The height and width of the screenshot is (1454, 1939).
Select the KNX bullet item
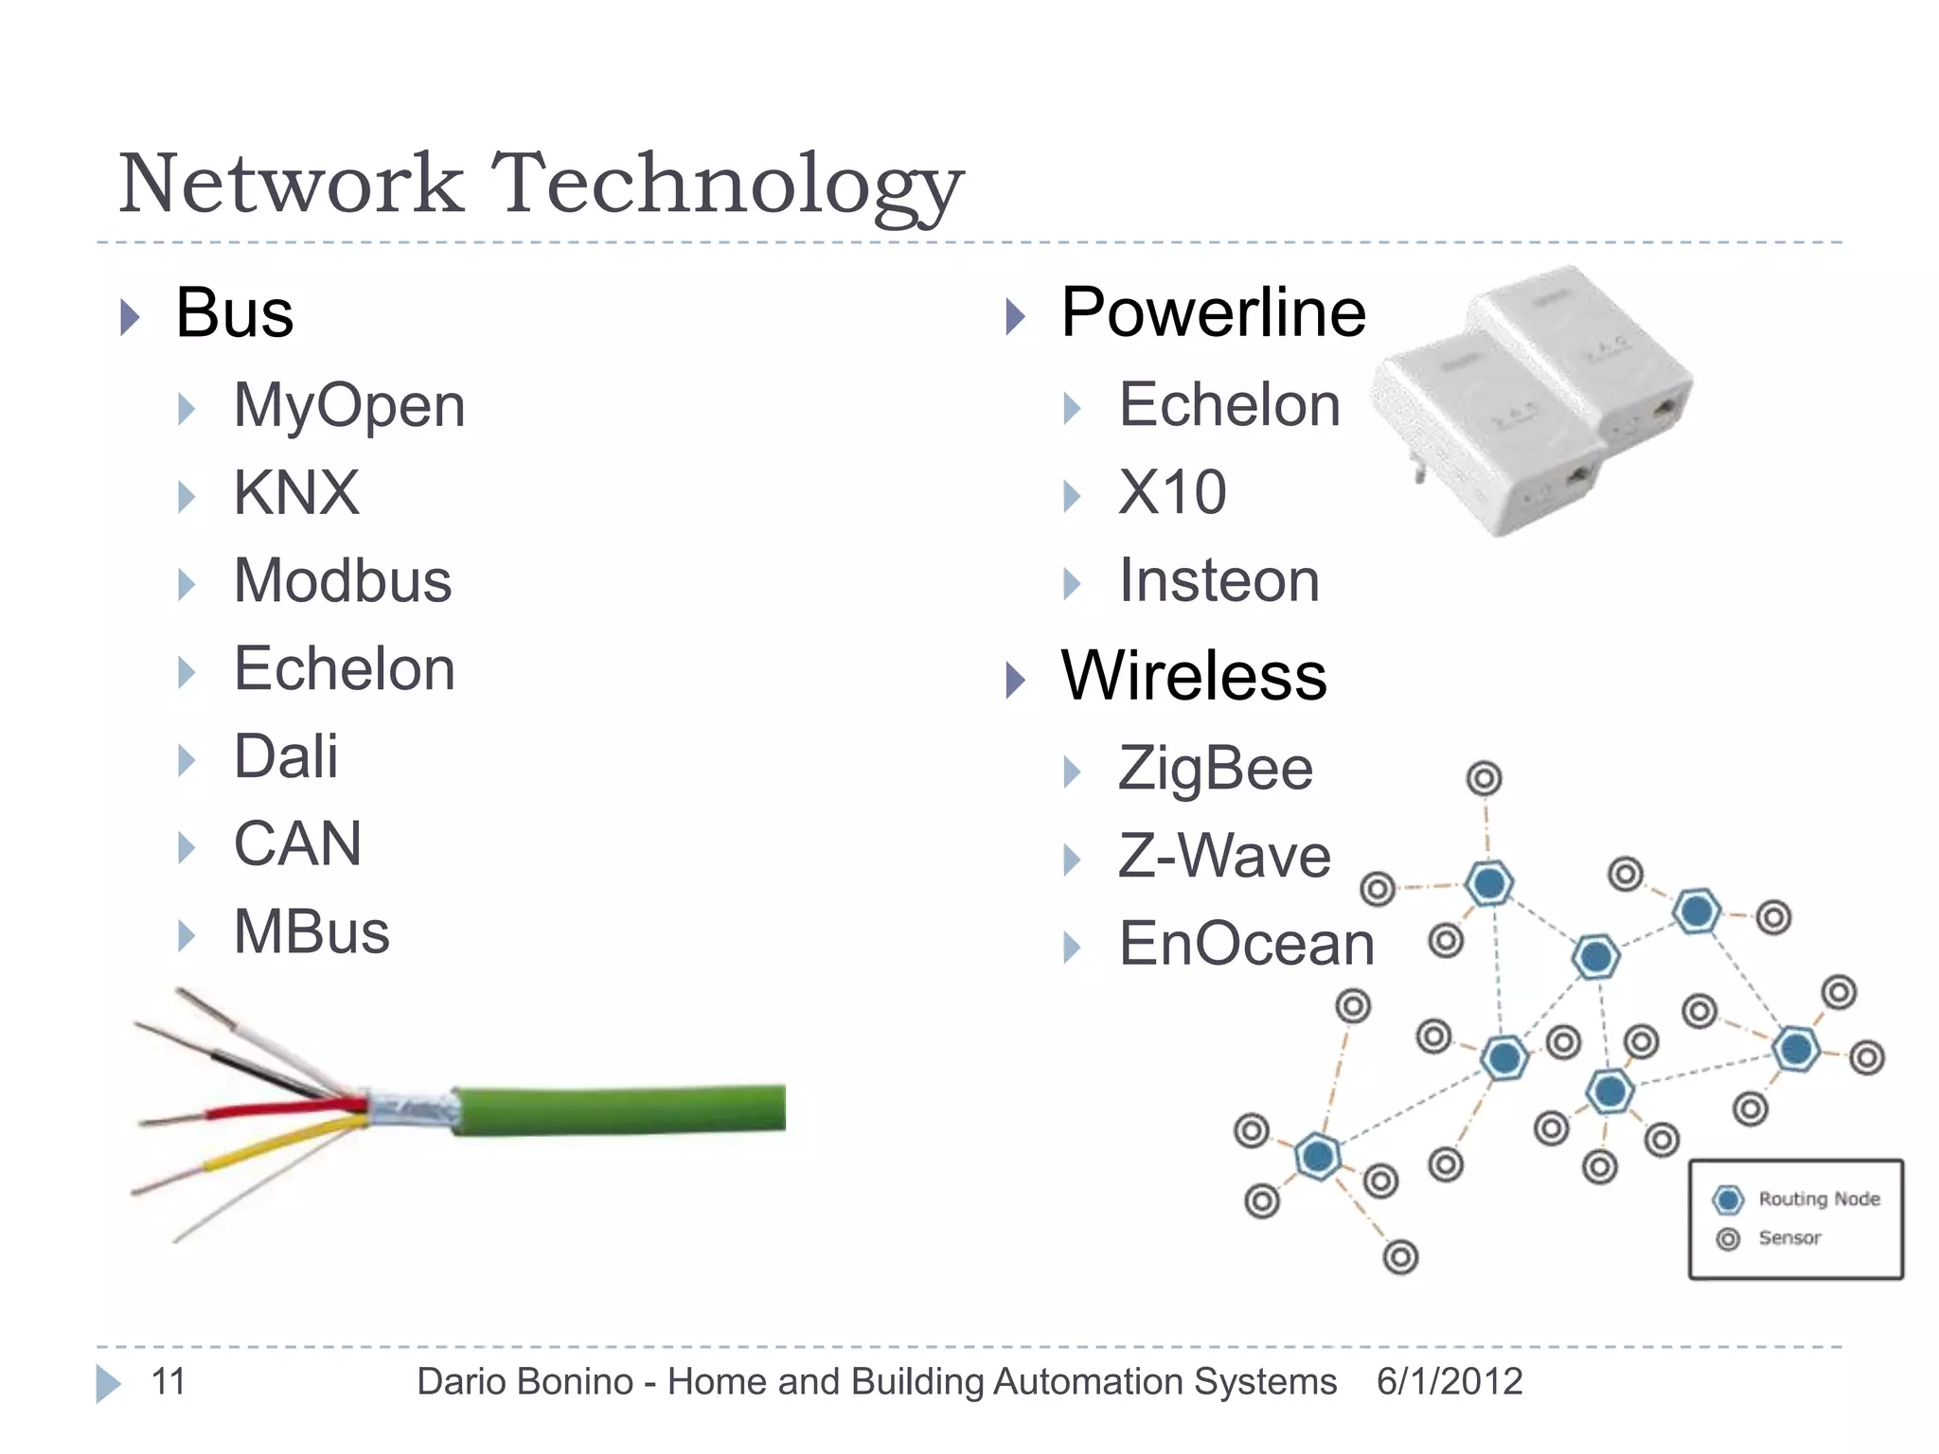(296, 493)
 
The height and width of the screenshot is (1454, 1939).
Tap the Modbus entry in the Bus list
(343, 581)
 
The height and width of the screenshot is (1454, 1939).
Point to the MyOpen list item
(349, 406)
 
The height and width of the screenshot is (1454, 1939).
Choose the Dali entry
(285, 757)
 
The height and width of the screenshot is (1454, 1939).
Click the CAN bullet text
(297, 844)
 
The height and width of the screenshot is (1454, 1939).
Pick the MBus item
(311, 932)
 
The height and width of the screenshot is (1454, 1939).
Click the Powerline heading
(1213, 312)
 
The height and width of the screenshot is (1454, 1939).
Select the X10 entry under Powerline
(1172, 493)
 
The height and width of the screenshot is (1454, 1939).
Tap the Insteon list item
(1219, 581)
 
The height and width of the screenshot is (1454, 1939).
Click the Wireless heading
(1194, 676)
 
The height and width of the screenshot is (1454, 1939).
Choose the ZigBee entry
(1216, 769)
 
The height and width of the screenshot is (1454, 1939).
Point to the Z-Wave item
(1224, 857)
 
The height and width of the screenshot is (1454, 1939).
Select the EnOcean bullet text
(1246, 945)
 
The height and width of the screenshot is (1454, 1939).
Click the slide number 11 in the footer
(169, 1382)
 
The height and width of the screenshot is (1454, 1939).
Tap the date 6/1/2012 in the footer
(1450, 1382)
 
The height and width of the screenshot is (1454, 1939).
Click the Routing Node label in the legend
(1819, 1199)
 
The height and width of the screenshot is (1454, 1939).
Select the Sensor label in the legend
(1789, 1238)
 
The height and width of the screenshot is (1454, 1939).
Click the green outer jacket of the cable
(625, 1108)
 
